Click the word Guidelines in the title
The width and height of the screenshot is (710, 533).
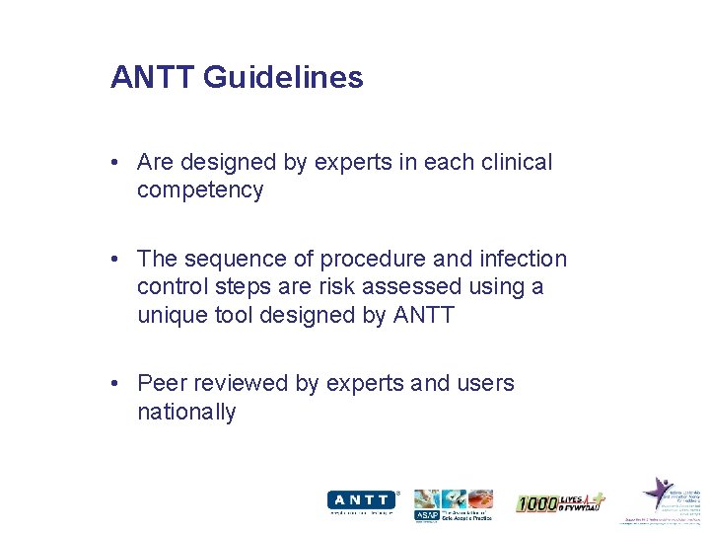click(283, 78)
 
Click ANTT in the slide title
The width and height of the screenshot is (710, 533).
click(154, 77)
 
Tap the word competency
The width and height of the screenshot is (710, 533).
click(200, 190)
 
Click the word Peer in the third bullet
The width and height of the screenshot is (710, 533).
click(161, 383)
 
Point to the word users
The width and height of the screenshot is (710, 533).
click(482, 383)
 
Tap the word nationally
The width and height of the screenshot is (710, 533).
click(186, 412)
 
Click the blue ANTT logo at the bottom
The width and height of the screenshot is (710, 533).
click(363, 502)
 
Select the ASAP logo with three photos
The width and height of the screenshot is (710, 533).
click(453, 504)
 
